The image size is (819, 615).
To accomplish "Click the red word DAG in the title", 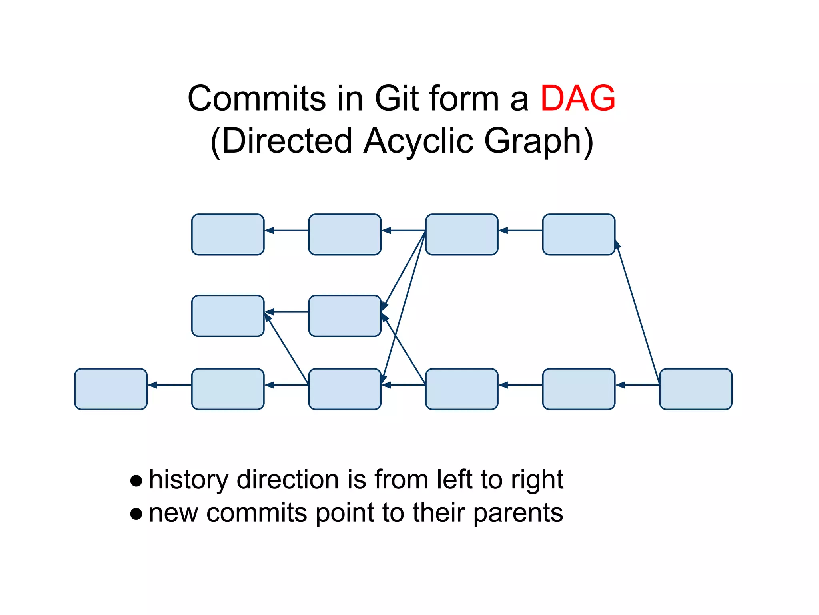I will [577, 99].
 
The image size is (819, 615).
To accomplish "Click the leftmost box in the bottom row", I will [111, 389].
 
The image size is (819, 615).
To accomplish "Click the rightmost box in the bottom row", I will [695, 389].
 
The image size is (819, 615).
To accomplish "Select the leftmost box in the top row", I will [228, 234].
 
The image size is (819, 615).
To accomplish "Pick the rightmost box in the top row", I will [579, 234].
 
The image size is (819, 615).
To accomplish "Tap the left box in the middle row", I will [228, 316].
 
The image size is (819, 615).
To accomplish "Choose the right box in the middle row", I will [345, 316].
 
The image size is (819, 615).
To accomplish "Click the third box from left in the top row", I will [461, 234].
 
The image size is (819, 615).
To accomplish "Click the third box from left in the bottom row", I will [345, 389].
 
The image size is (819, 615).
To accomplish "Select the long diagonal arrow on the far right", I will [638, 312].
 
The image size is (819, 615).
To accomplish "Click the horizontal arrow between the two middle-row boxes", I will [286, 312].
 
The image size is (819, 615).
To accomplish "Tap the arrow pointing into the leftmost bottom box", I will [169, 385].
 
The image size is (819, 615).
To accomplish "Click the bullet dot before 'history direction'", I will [136, 480].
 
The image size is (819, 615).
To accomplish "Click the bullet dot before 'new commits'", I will [136, 514].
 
